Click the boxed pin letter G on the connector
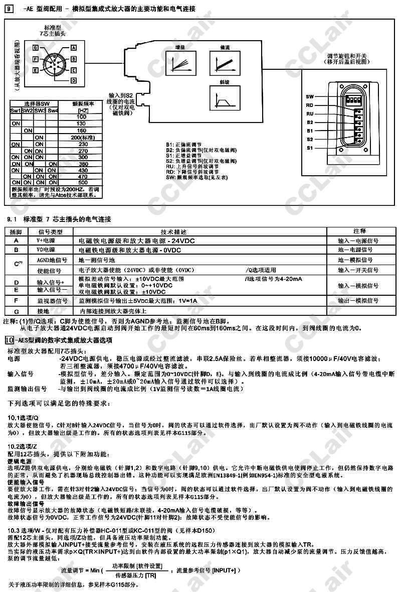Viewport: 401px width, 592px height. (35, 47)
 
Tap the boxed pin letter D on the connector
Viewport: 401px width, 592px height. (73, 80)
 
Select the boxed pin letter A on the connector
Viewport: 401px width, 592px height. (73, 47)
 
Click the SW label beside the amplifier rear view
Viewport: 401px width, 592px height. (309, 96)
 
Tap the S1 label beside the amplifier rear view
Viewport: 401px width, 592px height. (309, 148)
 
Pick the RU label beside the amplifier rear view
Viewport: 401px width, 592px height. (309, 113)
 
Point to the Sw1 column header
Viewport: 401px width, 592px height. (16, 110)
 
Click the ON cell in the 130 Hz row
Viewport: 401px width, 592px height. (16, 124)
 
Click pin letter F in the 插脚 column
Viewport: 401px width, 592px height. (16, 300)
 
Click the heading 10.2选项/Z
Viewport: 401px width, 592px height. (23, 446)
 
